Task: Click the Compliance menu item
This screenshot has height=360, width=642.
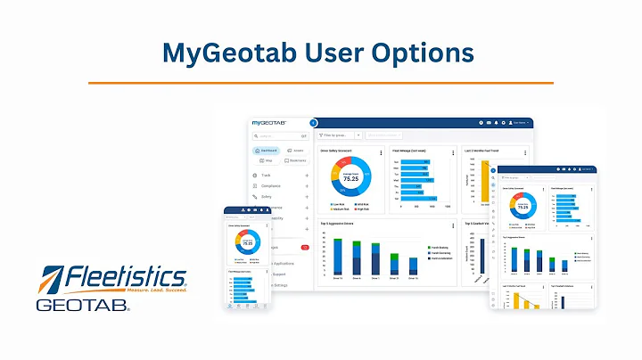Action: (x=271, y=185)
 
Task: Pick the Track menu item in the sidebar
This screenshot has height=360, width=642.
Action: (x=267, y=176)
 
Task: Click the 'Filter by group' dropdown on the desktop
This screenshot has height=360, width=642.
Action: (x=339, y=135)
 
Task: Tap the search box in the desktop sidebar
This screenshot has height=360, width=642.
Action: (x=279, y=136)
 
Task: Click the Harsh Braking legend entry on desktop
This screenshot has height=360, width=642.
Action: (x=438, y=247)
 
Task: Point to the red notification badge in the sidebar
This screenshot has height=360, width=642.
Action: (x=304, y=247)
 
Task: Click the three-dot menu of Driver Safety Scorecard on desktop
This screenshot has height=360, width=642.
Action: (x=382, y=152)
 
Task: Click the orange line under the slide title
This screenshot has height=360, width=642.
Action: (x=321, y=83)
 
